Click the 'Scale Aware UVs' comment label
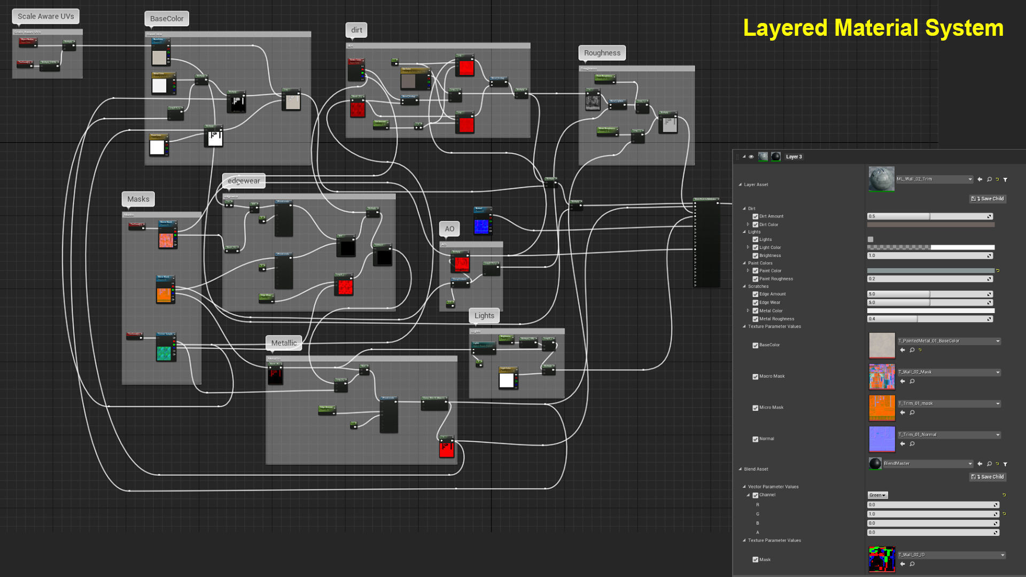[x=46, y=17]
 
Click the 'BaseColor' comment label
[x=167, y=19]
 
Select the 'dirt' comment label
[x=356, y=30]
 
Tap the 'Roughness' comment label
[x=602, y=53]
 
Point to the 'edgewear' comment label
[x=244, y=181]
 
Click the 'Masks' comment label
[x=138, y=199]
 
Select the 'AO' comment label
[x=449, y=229]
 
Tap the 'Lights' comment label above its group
[x=484, y=316]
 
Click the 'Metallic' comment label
[x=284, y=343]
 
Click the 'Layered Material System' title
[x=873, y=28]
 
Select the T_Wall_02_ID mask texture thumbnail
[x=882, y=559]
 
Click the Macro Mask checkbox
[x=755, y=377]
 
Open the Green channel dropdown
[x=877, y=495]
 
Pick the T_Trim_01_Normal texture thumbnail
[x=882, y=439]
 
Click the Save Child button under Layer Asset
[x=988, y=199]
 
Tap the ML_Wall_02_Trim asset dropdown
[x=934, y=180]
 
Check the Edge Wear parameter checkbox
[x=755, y=303]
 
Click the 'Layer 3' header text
[x=794, y=157]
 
